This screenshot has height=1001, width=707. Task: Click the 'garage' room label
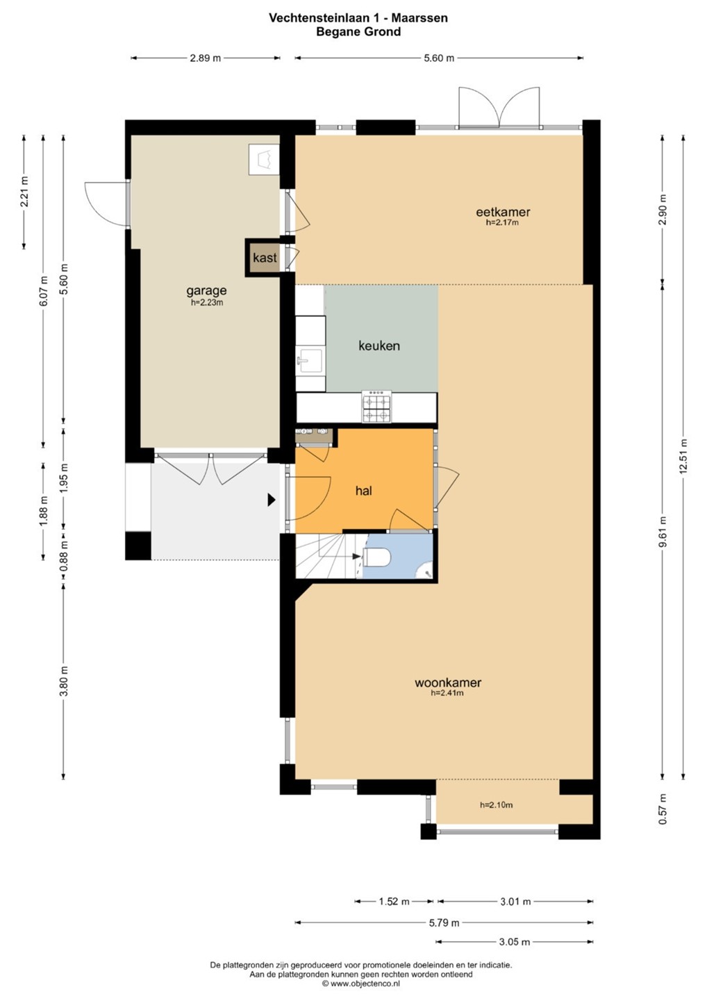click(x=206, y=291)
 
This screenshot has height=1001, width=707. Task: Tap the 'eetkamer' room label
click(x=503, y=211)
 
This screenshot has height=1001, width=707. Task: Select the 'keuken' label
click(x=379, y=345)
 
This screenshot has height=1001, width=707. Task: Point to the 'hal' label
click(x=364, y=491)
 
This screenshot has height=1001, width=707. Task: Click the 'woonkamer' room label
click(x=448, y=683)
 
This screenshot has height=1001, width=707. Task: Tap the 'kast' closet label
click(x=265, y=258)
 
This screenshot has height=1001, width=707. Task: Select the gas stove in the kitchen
click(x=377, y=407)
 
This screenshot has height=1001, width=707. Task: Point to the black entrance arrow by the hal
click(x=272, y=500)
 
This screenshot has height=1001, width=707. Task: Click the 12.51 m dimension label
click(x=683, y=457)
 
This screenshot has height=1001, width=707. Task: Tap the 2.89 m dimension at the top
click(x=206, y=58)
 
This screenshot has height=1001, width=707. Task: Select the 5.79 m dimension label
click(x=444, y=922)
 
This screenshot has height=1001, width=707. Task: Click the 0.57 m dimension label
click(x=662, y=809)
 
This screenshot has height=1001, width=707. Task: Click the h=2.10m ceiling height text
click(x=496, y=805)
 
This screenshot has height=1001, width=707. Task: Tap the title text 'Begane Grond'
click(x=358, y=32)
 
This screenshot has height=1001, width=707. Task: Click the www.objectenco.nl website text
click(x=361, y=984)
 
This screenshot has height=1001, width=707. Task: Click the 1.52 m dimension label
click(x=394, y=902)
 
